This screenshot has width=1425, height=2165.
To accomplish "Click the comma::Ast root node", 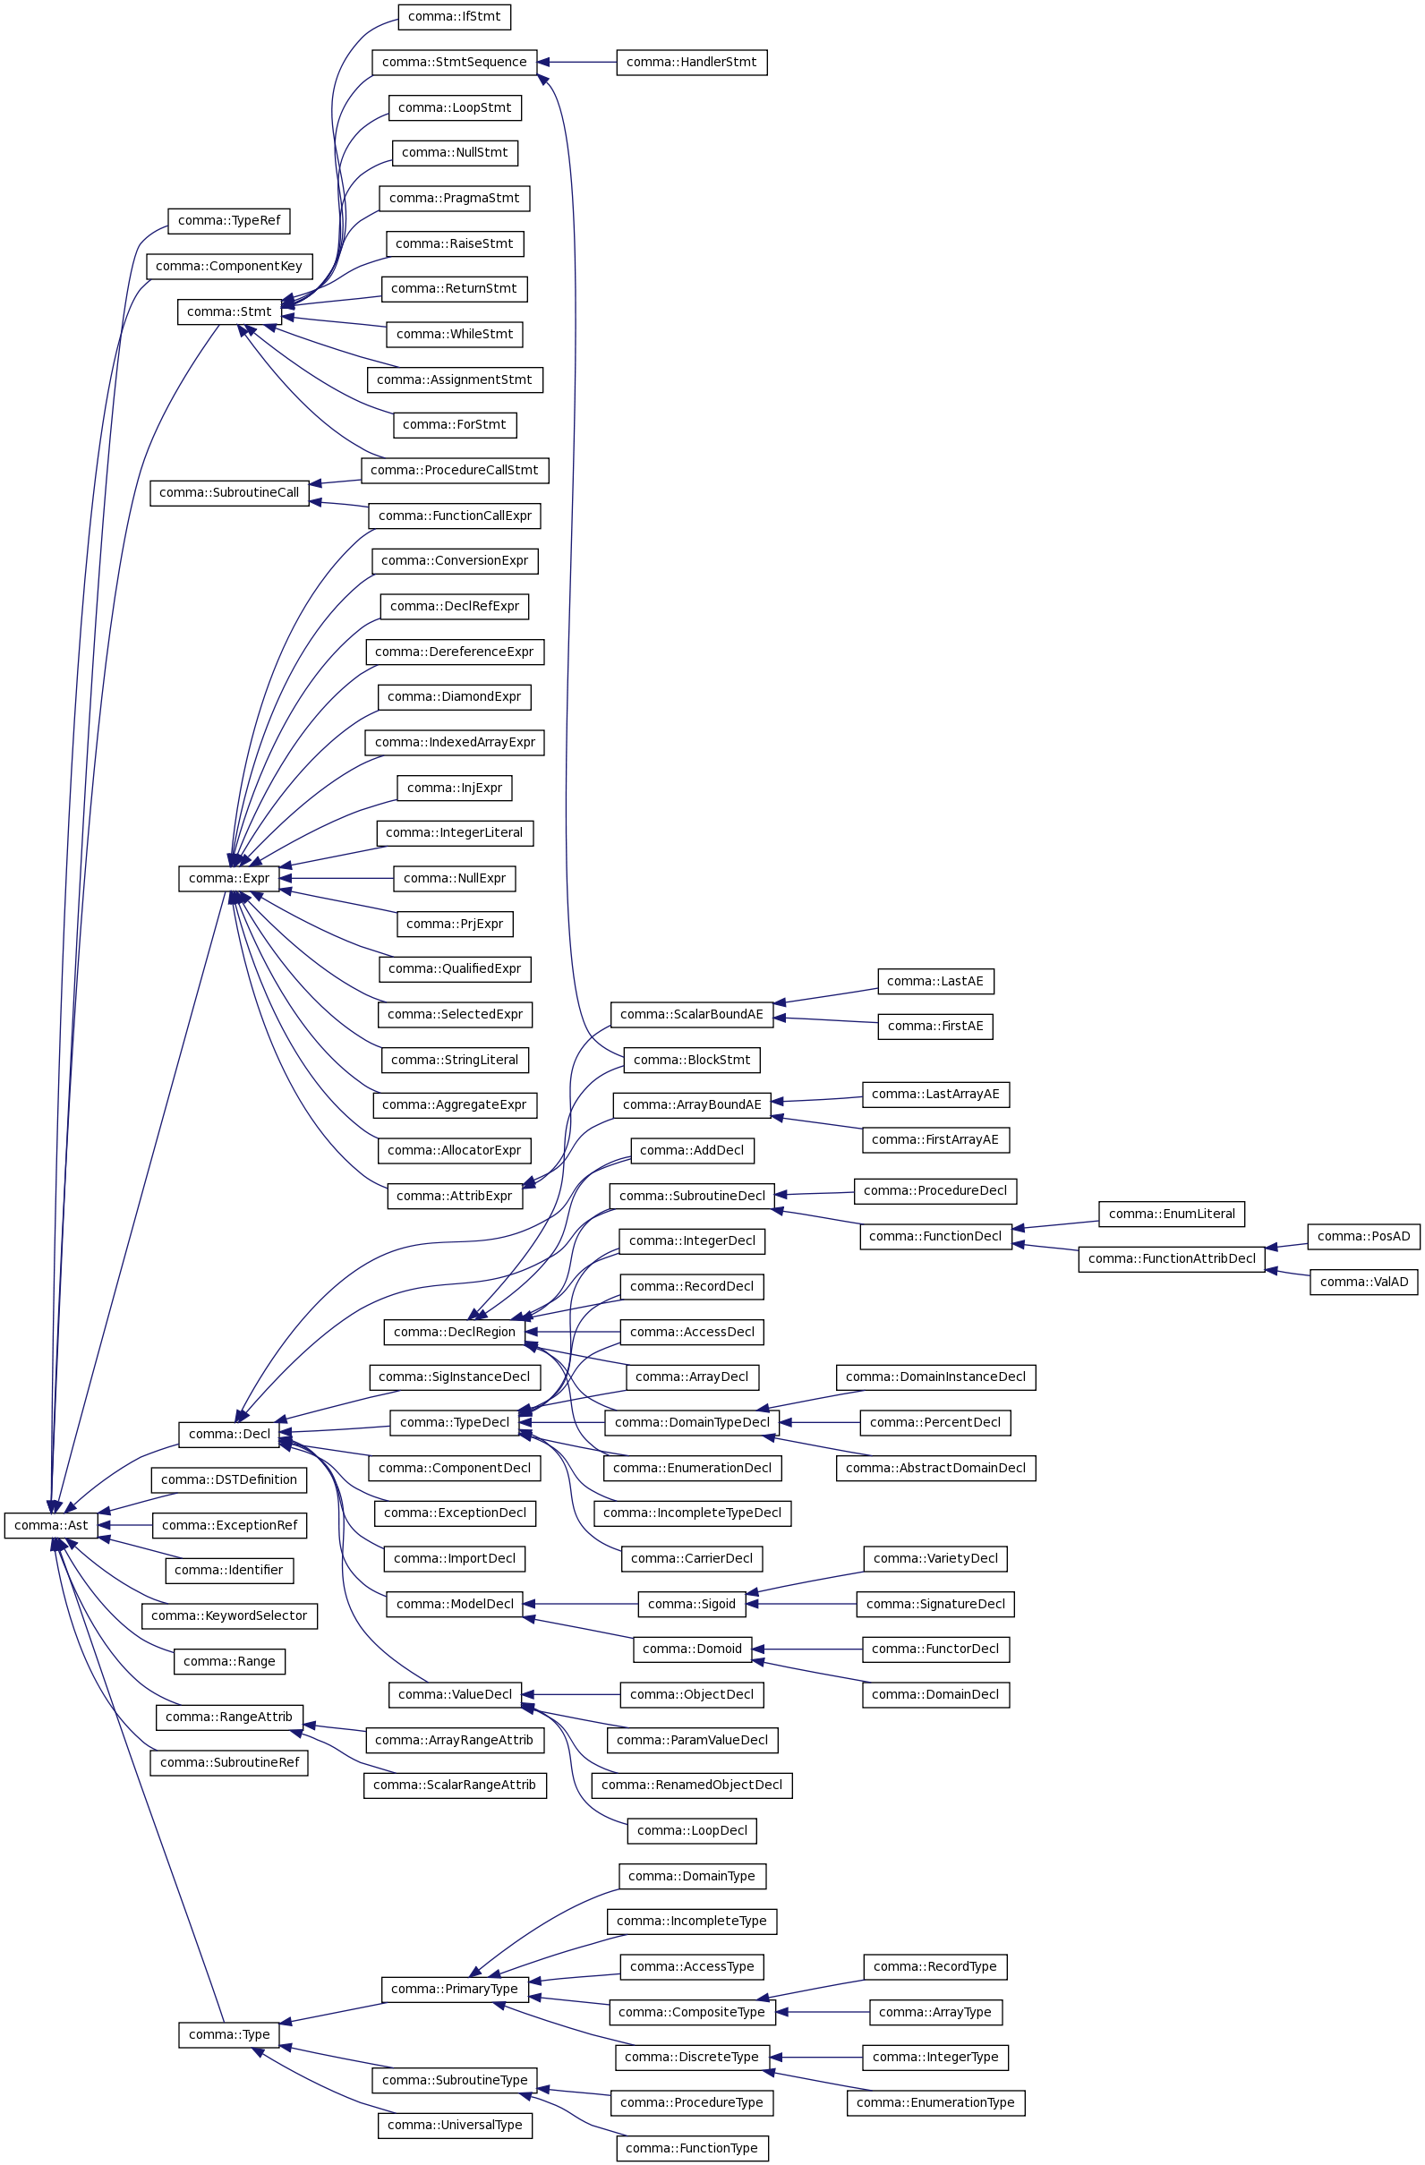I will tap(51, 1524).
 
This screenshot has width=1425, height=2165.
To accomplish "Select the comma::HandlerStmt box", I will tap(692, 62).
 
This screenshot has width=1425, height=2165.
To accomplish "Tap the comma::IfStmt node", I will tap(454, 16).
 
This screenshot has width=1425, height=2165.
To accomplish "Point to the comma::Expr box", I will tap(228, 878).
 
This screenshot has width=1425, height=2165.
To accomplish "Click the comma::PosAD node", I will tap(1363, 1235).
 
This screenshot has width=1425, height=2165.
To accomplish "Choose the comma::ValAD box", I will tap(1363, 1281).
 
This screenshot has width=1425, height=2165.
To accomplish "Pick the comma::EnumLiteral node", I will tap(1171, 1213).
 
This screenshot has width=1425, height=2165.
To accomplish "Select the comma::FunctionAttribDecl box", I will tap(1171, 1258).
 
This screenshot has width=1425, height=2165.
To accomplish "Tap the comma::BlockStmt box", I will tap(692, 1059).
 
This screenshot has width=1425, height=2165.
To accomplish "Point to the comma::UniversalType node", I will tap(454, 2124).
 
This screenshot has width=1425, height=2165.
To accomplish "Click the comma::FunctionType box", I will tap(692, 2147).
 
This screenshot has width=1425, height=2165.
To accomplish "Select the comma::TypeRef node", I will tap(229, 220).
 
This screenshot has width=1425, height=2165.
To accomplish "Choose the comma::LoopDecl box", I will tap(692, 1829).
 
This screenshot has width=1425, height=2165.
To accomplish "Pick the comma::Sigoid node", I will tap(692, 1603).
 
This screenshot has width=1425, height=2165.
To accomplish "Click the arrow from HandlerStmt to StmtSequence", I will tap(577, 62).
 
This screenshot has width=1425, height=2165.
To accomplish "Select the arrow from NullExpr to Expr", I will tap(337, 878).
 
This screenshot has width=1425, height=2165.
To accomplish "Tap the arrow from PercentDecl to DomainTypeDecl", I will tap(819, 1422).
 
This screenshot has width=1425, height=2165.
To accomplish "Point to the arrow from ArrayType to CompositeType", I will tap(823, 2011).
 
